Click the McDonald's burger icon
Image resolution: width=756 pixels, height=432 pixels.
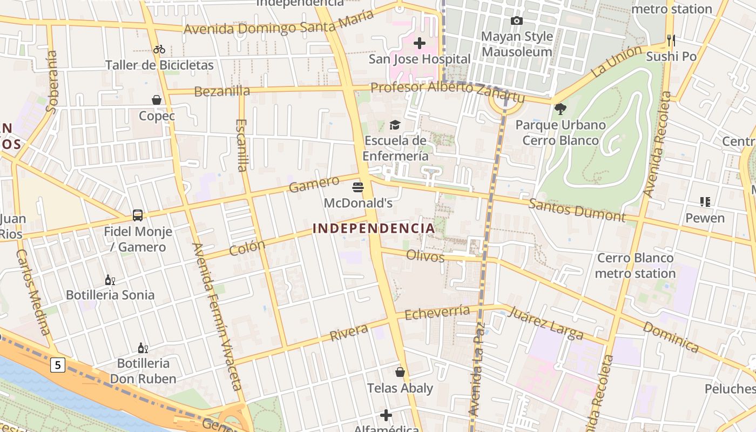pyautogui.click(x=357, y=187)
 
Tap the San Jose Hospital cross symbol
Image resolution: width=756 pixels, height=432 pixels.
pyautogui.click(x=419, y=43)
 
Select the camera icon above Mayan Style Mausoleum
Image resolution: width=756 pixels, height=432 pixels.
pyautogui.click(x=517, y=21)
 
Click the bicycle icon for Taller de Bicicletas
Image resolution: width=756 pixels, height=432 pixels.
pyautogui.click(x=159, y=49)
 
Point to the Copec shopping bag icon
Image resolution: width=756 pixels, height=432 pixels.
pyautogui.click(x=157, y=100)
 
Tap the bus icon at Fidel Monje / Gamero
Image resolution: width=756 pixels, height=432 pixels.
pyautogui.click(x=138, y=215)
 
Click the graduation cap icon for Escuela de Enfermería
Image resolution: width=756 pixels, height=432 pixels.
pyautogui.click(x=395, y=125)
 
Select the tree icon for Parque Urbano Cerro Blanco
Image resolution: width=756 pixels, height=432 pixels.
pyautogui.click(x=561, y=109)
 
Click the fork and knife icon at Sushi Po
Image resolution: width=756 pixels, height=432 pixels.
pyautogui.click(x=671, y=40)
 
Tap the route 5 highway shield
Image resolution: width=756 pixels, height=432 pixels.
pyautogui.click(x=58, y=366)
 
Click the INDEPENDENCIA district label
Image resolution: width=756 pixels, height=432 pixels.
pyautogui.click(x=374, y=228)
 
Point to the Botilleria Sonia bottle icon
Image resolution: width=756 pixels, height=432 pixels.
pyautogui.click(x=110, y=280)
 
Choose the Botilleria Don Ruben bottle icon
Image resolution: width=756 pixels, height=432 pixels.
pyautogui.click(x=143, y=348)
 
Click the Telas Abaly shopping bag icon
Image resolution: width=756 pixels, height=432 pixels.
pyautogui.click(x=400, y=372)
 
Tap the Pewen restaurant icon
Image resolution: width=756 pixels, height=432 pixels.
pyautogui.click(x=705, y=202)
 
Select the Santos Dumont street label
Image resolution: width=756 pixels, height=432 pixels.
pyautogui.click(x=576, y=211)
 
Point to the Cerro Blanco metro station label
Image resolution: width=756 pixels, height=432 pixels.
pyautogui.click(x=635, y=266)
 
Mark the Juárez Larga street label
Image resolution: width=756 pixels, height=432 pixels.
pyautogui.click(x=545, y=322)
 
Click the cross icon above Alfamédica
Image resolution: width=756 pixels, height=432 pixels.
pyautogui.click(x=386, y=415)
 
